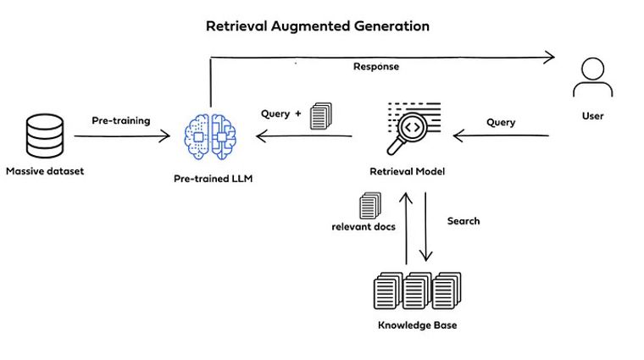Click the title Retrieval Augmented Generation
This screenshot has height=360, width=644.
318,26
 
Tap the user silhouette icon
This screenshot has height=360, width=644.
592,78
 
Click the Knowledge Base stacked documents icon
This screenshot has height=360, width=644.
417,291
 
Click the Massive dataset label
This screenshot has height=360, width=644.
45,172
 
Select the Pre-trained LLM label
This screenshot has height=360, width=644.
213,179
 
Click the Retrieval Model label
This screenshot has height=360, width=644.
407,172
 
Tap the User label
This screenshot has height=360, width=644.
592,115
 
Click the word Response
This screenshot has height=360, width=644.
375,66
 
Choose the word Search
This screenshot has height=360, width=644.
464,221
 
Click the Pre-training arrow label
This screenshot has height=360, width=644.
121,120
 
